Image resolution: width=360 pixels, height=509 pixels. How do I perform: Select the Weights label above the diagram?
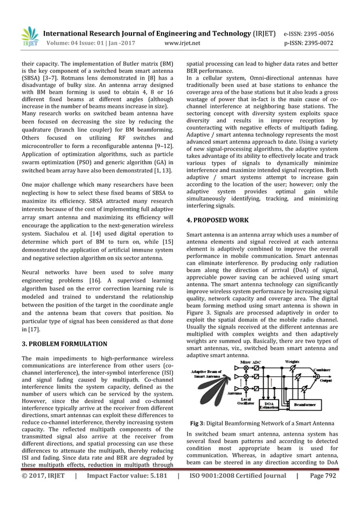coord(292,361)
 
